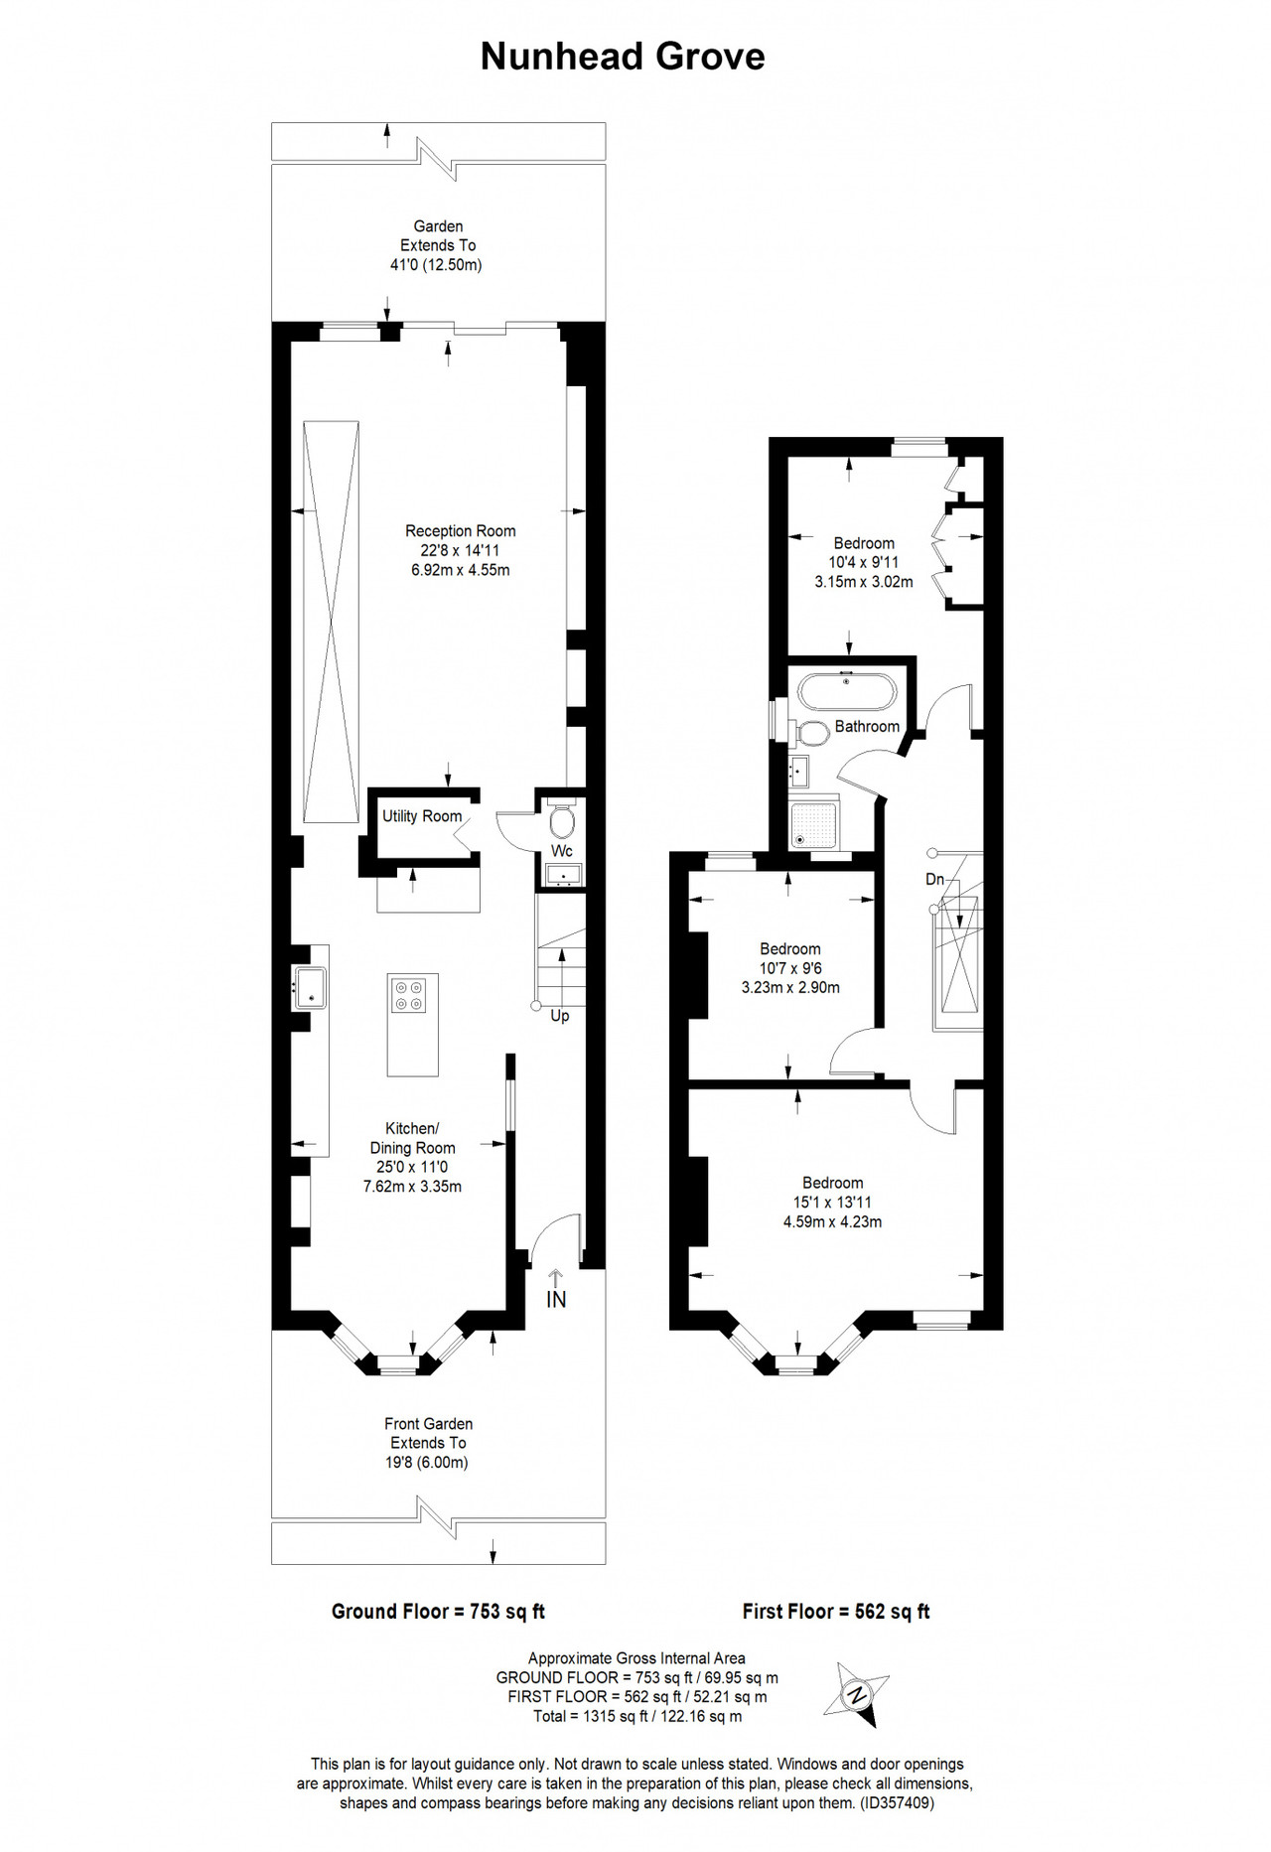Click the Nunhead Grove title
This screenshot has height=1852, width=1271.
(x=623, y=57)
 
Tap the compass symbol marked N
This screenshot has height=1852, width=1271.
(x=855, y=1694)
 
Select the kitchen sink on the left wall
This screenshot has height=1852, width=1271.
(x=310, y=987)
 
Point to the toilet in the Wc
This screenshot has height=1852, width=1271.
(x=562, y=819)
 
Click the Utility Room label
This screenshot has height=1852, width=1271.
(x=422, y=816)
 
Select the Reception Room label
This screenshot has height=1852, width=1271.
(x=461, y=531)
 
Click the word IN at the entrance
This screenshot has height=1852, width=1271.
(x=556, y=1299)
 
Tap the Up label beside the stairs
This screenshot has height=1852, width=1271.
(x=560, y=1016)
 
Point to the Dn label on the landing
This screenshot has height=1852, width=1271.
(x=934, y=879)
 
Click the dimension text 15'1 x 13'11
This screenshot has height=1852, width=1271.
(x=832, y=1203)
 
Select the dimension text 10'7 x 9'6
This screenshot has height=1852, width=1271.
(x=790, y=968)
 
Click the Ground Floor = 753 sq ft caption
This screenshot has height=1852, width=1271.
(x=438, y=1612)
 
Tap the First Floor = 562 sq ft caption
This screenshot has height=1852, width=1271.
(x=836, y=1612)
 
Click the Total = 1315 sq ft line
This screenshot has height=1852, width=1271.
(x=636, y=1716)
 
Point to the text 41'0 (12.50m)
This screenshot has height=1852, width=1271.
(x=436, y=265)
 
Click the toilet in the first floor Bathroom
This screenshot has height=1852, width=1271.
(x=813, y=733)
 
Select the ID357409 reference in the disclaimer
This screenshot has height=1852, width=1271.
(x=898, y=1802)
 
